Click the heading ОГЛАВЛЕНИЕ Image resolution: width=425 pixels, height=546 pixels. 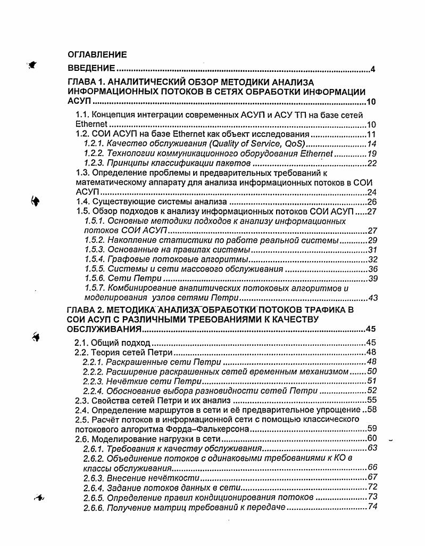[97, 54]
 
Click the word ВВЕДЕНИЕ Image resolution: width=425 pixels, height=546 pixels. [91, 69]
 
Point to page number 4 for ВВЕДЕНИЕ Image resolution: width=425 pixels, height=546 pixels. [373, 69]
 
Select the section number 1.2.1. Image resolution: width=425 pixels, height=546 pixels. [94, 144]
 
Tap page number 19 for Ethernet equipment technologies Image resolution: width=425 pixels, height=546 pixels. [372, 153]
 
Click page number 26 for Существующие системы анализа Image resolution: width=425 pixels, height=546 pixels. [372, 202]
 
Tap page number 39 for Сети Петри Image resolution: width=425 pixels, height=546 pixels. [372, 279]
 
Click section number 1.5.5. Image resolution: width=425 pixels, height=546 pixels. [94, 269]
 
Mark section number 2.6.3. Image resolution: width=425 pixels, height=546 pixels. [93, 477]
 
